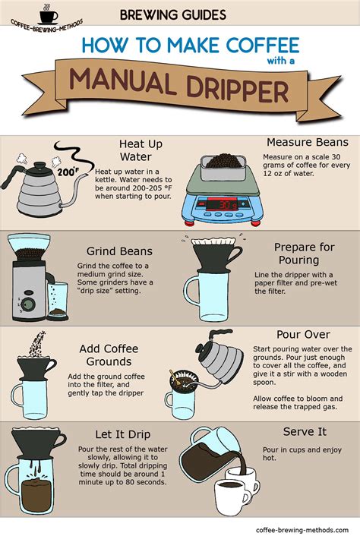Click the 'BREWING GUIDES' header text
click(x=173, y=14)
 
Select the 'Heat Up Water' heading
click(x=141, y=150)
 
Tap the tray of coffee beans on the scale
click(x=223, y=167)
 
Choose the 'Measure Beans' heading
click(x=308, y=142)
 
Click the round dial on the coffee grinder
click(x=29, y=304)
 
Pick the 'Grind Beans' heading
click(x=119, y=251)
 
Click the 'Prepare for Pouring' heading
click(x=304, y=254)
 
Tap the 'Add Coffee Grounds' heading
click(x=109, y=355)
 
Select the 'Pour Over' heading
click(x=303, y=334)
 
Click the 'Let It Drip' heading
click(x=123, y=434)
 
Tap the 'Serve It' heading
click(x=305, y=432)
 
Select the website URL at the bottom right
click(x=302, y=530)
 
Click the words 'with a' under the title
click(x=281, y=61)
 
